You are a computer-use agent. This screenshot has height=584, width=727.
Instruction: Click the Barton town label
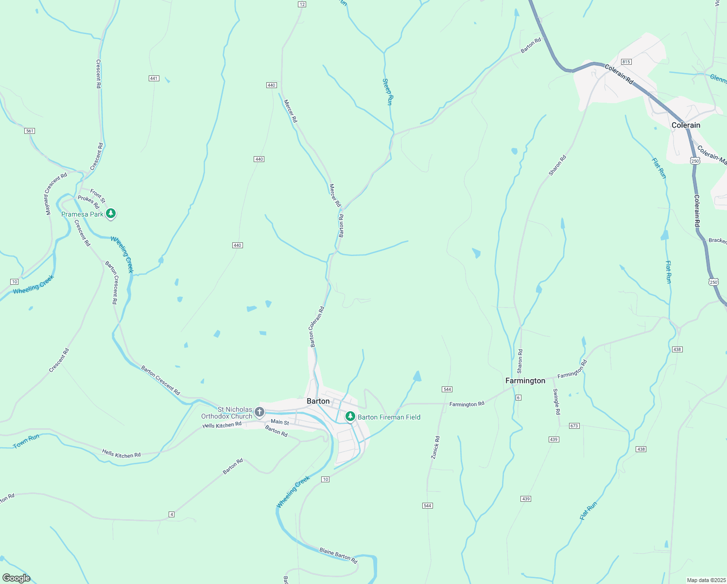318,401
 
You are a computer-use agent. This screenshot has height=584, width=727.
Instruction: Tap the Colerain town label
686,125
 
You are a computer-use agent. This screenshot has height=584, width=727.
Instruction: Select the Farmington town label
525,381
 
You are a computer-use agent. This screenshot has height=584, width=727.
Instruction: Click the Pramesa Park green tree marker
111,213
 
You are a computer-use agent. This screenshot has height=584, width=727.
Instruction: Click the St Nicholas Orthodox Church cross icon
260,413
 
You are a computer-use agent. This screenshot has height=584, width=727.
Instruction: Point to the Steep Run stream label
387,91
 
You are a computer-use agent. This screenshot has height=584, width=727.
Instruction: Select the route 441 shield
154,78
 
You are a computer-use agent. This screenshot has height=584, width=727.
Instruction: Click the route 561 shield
30,131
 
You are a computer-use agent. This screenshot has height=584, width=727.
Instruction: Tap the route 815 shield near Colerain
626,62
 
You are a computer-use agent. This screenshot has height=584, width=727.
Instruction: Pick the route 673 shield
574,426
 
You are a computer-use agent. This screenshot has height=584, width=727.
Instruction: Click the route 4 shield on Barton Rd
172,514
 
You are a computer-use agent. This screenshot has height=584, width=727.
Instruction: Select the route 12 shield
302,4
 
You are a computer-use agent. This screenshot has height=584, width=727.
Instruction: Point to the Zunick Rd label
435,447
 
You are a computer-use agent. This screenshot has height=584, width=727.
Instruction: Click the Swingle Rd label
556,401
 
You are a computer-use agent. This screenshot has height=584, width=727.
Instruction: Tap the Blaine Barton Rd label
338,556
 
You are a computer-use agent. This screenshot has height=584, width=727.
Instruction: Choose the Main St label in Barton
279,422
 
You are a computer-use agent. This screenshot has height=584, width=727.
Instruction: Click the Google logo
16,578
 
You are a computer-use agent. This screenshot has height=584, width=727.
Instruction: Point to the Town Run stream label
26,441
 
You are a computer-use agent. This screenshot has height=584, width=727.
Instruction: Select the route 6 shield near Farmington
518,398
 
